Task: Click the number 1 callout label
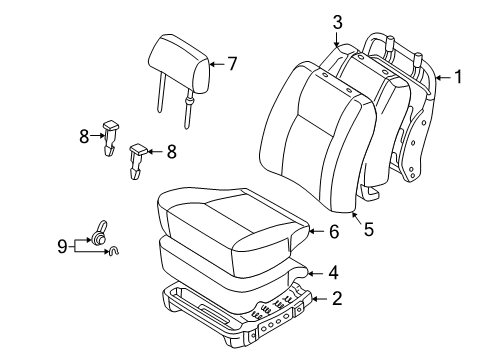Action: click(x=459, y=76)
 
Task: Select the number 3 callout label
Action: click(x=337, y=21)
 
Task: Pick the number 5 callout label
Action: click(x=368, y=230)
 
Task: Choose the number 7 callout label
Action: click(x=232, y=65)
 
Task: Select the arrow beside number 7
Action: click(x=216, y=65)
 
